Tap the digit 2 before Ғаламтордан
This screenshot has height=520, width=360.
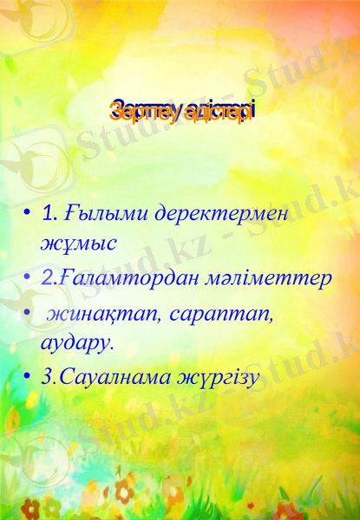46,279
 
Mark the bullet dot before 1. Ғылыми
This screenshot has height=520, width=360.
29,213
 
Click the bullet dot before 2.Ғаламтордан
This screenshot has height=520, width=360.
29,279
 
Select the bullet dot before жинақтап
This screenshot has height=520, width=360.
29,312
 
